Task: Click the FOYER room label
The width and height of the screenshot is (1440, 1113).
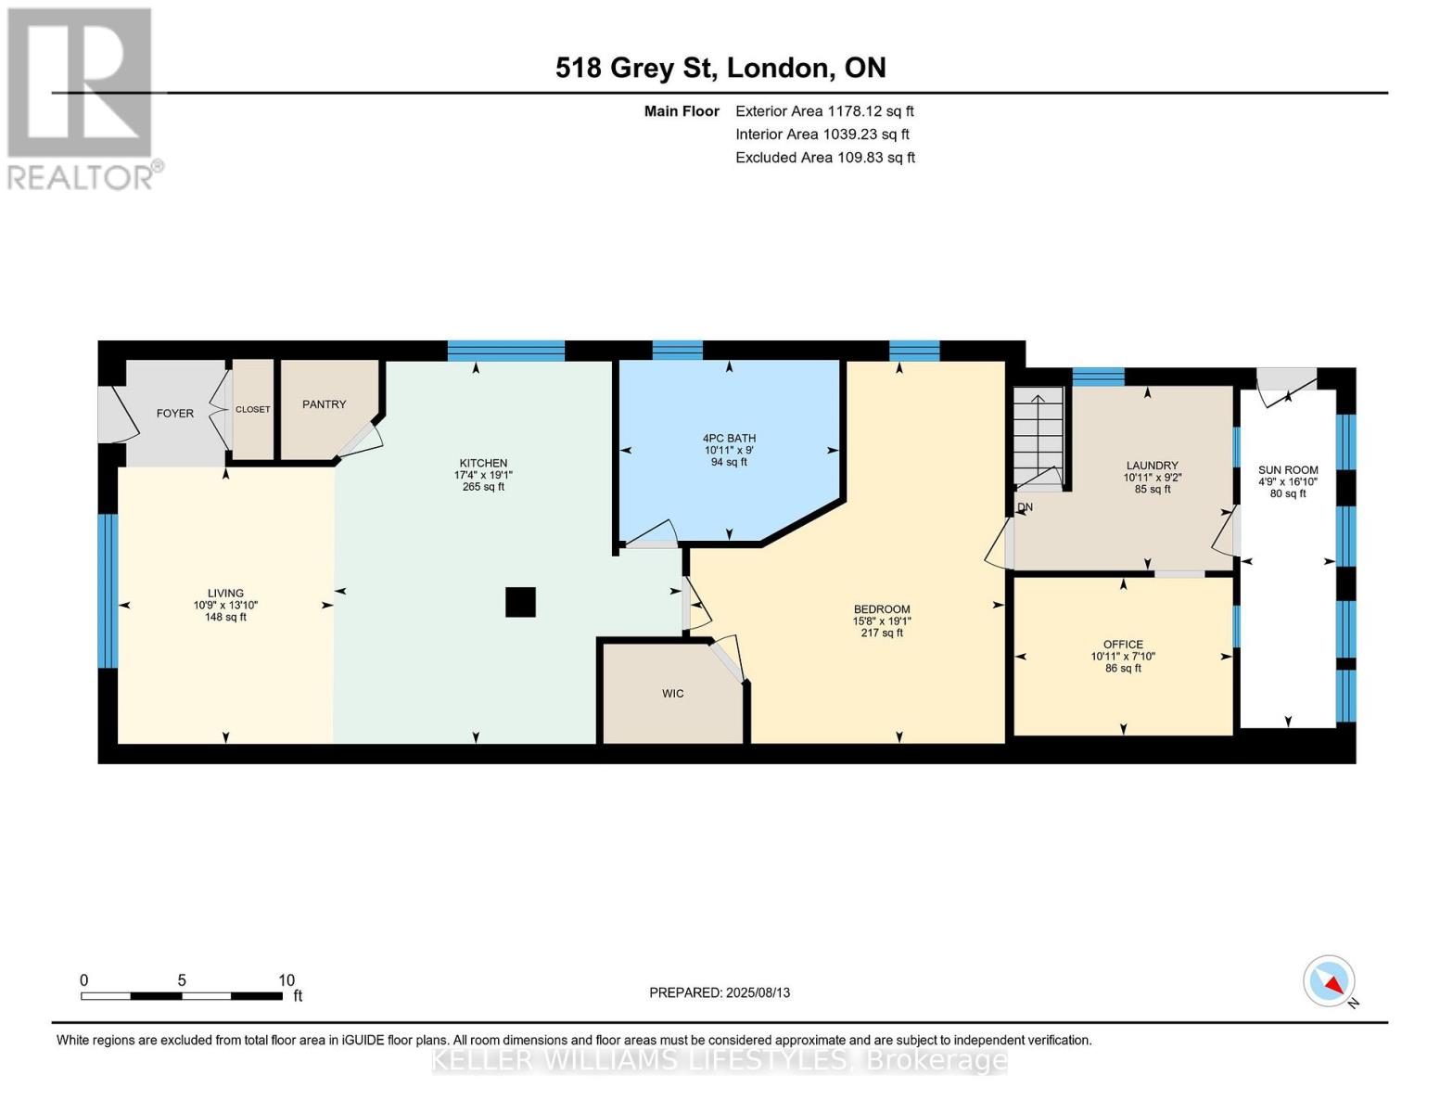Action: (175, 413)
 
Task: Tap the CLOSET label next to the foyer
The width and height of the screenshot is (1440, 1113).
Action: (252, 409)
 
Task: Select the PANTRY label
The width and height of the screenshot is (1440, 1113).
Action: (324, 403)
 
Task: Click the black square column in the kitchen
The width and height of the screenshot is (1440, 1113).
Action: (520, 602)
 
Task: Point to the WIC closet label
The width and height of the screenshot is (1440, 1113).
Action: (672, 694)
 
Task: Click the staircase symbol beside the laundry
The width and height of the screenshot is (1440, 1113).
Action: (1039, 439)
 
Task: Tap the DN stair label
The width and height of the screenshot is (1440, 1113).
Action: (1026, 507)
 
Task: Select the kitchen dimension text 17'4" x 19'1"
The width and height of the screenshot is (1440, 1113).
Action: (483, 475)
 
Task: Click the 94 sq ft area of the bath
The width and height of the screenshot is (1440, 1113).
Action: (729, 462)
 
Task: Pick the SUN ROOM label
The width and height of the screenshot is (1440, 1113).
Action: (1288, 470)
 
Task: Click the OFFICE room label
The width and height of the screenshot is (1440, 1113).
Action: (1123, 644)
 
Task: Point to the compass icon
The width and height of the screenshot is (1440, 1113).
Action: (1329, 981)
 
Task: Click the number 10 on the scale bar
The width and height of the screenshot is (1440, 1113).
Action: (287, 979)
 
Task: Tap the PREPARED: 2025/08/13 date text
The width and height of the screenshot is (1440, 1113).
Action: (720, 992)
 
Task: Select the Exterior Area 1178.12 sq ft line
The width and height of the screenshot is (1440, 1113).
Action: (824, 111)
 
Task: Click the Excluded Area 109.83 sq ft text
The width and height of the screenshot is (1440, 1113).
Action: (825, 158)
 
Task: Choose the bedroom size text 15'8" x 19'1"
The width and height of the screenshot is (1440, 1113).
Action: (882, 621)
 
